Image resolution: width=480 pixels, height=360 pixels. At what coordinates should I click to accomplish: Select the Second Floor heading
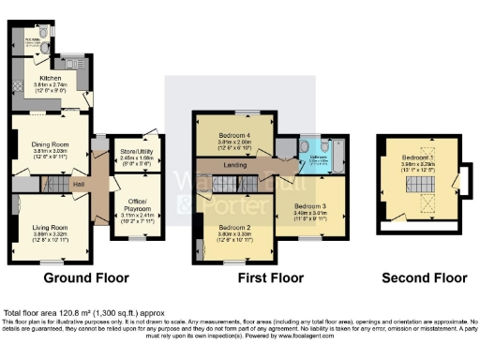pyautogui.click(x=424, y=278)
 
